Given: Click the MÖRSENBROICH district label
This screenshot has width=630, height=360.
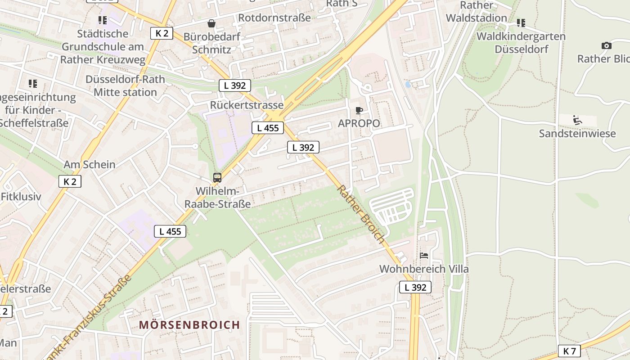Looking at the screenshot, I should [189, 325].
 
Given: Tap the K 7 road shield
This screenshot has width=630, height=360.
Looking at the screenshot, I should [569, 351].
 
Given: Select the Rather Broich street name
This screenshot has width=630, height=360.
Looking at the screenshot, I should [361, 214].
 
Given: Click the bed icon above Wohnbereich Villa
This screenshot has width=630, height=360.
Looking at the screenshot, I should [424, 256].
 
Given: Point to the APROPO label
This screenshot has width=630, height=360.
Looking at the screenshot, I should [359, 123].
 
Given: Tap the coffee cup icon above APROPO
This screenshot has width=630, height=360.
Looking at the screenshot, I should [359, 110].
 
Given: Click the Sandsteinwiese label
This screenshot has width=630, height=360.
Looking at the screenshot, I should [577, 133].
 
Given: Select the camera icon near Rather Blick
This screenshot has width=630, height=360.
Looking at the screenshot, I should [606, 45].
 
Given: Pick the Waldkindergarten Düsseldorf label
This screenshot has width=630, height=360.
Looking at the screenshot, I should [521, 42].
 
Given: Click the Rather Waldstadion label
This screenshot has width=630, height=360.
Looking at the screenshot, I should [476, 12].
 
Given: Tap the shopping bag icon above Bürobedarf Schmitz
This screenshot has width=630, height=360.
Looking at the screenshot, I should [211, 23].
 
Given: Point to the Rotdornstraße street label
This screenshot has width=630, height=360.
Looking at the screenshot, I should [274, 18].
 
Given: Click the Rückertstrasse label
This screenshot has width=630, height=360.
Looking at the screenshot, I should [247, 105].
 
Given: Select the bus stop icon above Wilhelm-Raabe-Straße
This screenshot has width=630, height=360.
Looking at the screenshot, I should [217, 177].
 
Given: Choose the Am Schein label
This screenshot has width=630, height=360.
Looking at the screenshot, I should [90, 164].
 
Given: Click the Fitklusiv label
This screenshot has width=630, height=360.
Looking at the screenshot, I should [21, 197].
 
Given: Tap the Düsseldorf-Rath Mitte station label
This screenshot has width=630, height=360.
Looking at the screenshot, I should [125, 85].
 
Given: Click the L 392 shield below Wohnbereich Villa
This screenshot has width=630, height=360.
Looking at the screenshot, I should [415, 287].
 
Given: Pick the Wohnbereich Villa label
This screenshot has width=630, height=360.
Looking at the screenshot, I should [424, 269].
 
